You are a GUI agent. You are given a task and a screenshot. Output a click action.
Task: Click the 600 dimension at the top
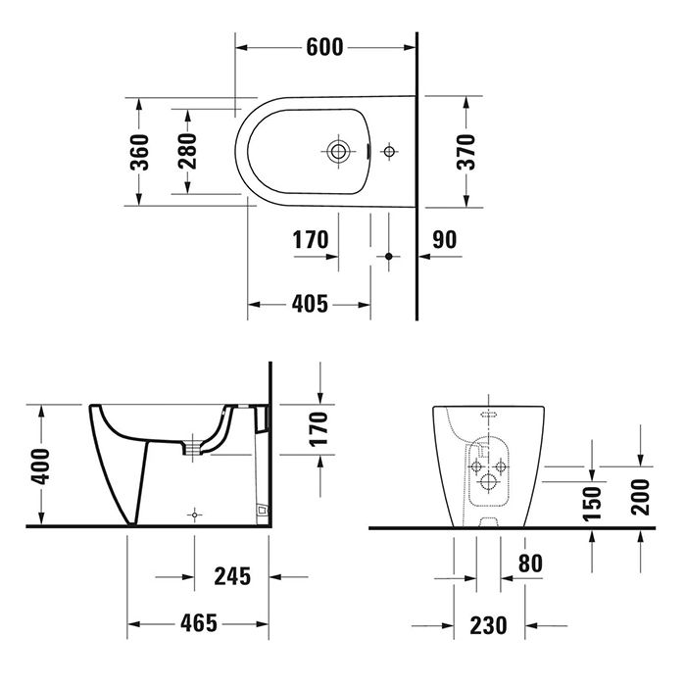coord(323,46)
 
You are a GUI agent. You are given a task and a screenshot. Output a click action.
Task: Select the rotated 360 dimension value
coord(140,152)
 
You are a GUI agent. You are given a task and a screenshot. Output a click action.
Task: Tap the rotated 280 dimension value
coord(188,152)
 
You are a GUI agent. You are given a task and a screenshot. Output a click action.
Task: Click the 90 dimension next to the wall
coord(444,239)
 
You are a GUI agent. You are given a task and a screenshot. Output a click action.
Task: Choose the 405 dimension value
coord(310,305)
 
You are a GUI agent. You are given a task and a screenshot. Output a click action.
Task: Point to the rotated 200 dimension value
coord(640,496)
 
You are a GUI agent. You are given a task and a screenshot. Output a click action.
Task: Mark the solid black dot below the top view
coord(388,256)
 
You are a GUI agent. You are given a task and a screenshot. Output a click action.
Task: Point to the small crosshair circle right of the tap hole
coord(389,152)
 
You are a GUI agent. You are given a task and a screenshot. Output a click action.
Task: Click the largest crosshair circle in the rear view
coord(488,482)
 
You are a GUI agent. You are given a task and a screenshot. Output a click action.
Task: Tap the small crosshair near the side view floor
coord(197,514)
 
